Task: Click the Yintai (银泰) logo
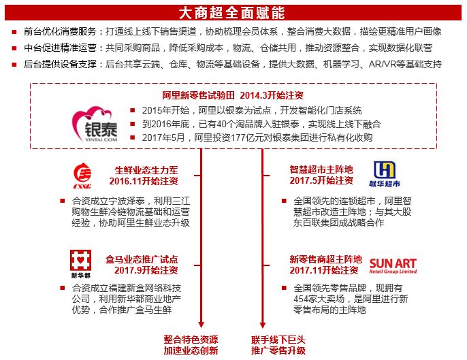(96, 121)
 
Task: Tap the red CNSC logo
(85, 175)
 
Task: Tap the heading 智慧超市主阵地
(321, 169)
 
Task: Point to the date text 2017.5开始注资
(321, 181)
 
